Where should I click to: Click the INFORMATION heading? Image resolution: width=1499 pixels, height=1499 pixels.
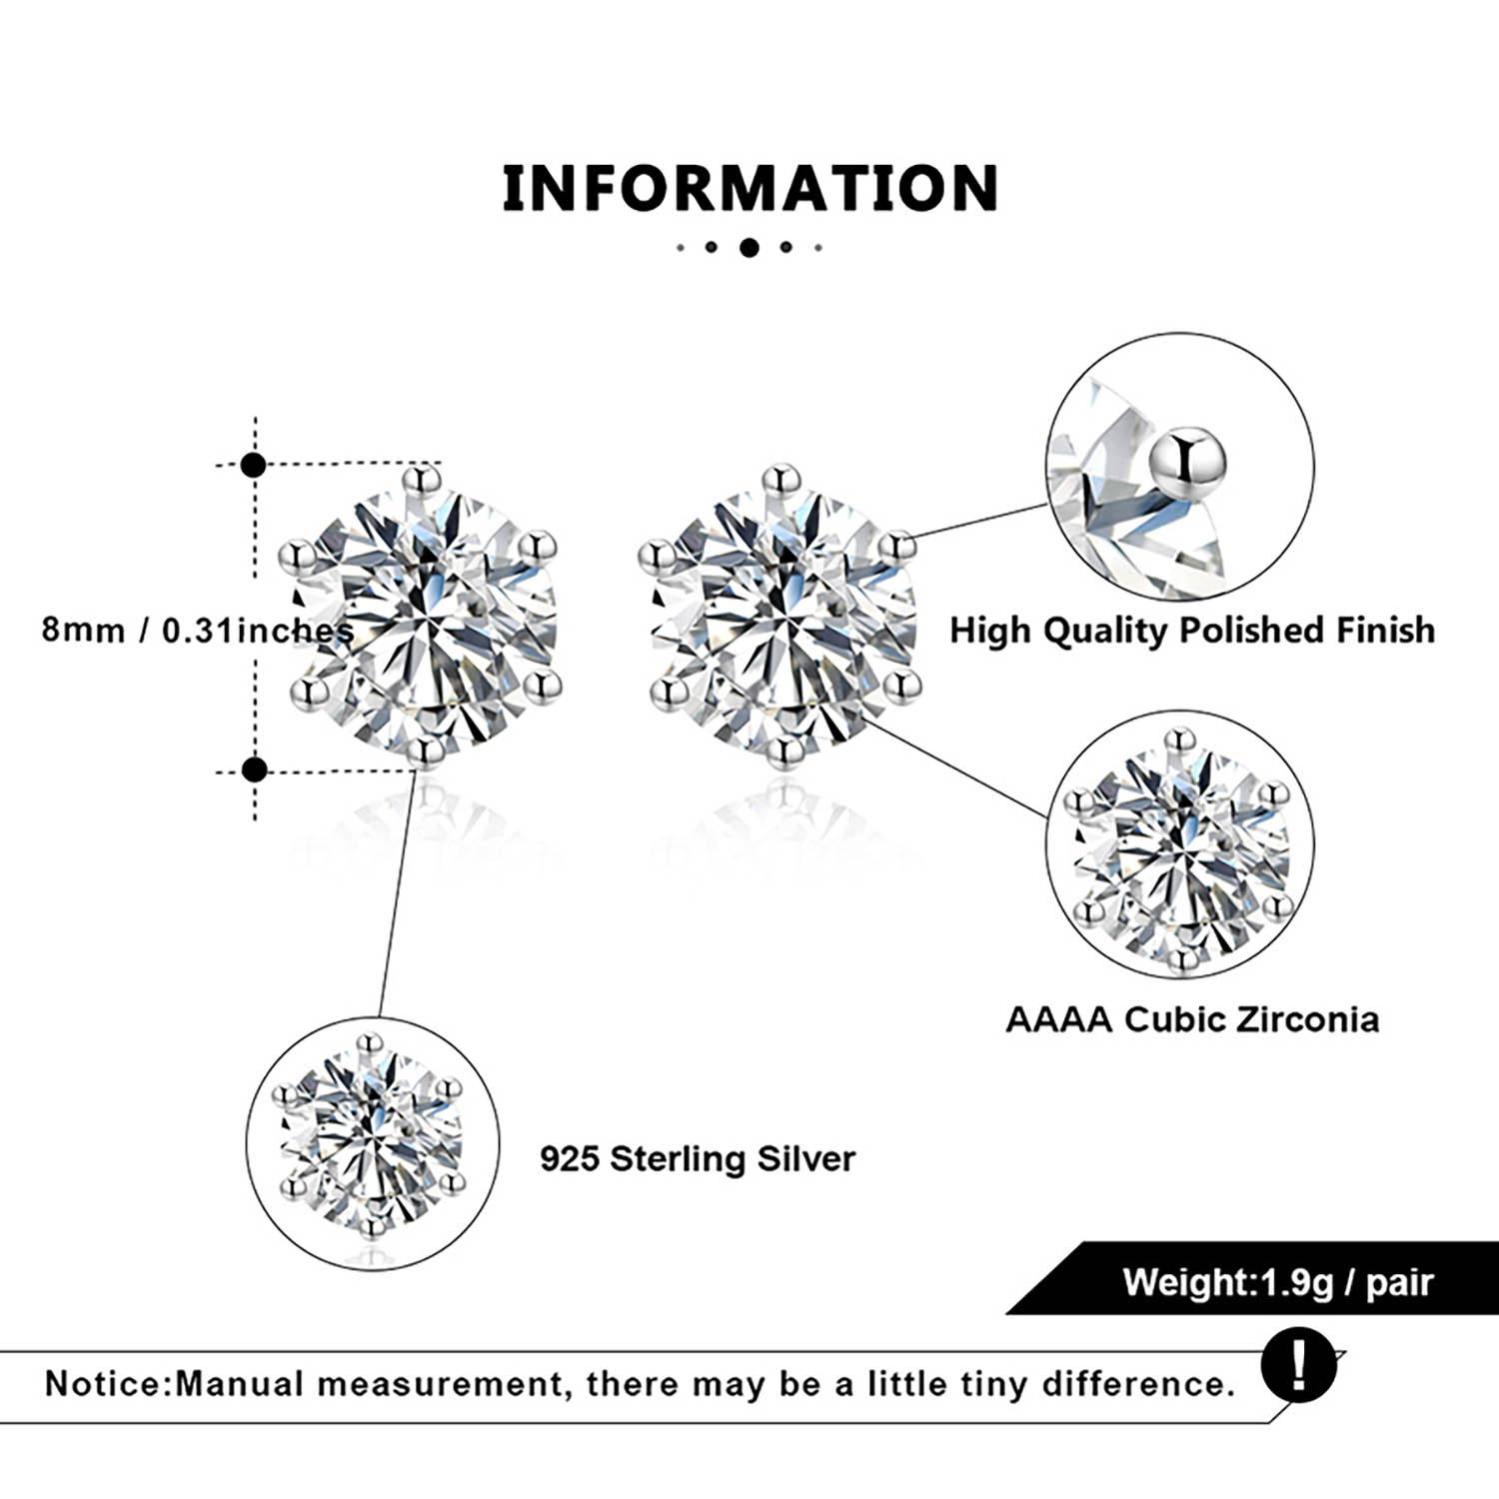(x=749, y=188)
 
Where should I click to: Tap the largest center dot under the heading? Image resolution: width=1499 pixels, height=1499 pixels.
(x=749, y=247)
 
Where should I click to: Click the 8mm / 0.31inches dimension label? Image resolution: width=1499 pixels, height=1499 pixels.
(x=197, y=631)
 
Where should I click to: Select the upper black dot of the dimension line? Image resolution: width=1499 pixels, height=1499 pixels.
(x=254, y=465)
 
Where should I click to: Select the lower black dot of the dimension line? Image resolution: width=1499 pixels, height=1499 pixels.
(x=255, y=769)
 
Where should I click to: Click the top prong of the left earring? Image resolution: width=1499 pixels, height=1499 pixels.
(x=422, y=481)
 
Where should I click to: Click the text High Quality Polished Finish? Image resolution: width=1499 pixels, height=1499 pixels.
(x=1192, y=631)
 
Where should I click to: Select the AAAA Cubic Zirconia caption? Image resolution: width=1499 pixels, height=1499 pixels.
(x=1192, y=1019)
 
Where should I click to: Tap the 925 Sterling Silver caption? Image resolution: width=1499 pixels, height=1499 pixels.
(x=698, y=1159)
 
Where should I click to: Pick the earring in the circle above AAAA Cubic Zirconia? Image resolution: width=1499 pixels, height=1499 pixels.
(x=1180, y=850)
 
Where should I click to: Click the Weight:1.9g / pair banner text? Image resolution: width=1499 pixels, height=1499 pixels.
(x=1277, y=1282)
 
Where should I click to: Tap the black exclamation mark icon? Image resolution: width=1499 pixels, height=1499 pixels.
(x=1298, y=1364)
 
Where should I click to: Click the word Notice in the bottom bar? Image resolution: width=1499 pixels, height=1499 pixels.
(x=104, y=1384)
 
